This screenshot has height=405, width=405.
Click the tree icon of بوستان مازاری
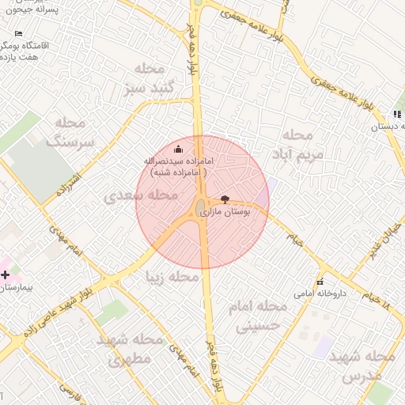227,200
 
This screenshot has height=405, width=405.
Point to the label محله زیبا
172,278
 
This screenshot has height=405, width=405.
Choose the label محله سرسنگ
70,133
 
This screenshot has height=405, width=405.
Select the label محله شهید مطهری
130,349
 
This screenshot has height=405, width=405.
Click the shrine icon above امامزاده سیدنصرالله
178,149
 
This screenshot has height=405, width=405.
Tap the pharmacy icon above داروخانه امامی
320,282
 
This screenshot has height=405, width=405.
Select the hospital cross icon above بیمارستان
6,275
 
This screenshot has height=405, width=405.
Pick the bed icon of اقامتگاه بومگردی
20,34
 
